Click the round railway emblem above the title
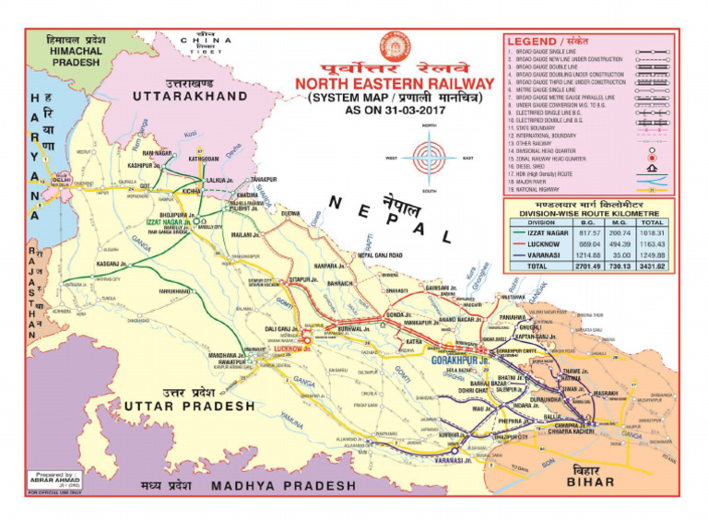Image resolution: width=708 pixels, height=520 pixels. click(394, 46)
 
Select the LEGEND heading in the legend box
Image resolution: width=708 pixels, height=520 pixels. click(533, 41)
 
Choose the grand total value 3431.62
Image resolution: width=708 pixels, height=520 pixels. click(653, 266)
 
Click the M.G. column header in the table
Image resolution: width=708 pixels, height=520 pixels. click(620, 222)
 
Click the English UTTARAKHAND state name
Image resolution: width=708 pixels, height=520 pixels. click(188, 96)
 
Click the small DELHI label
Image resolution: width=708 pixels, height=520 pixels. click(63, 180)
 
